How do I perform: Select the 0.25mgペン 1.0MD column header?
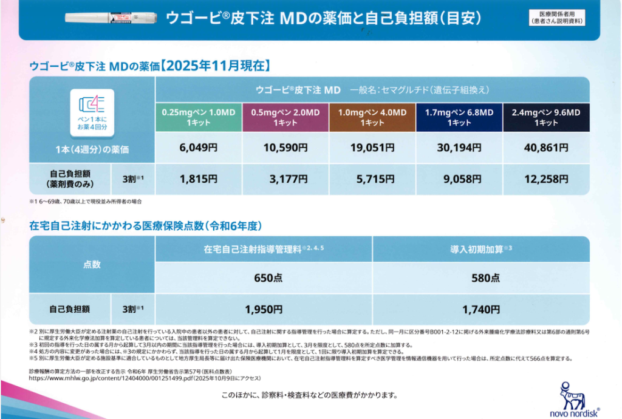[198, 117]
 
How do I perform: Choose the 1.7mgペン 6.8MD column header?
[459, 117]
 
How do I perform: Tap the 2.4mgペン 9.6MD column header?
[546, 117]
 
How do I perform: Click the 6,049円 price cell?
[198, 148]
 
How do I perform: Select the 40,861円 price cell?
[546, 148]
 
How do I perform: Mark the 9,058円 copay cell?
[459, 179]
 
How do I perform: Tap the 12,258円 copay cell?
[546, 179]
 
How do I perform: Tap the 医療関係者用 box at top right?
[556, 17]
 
